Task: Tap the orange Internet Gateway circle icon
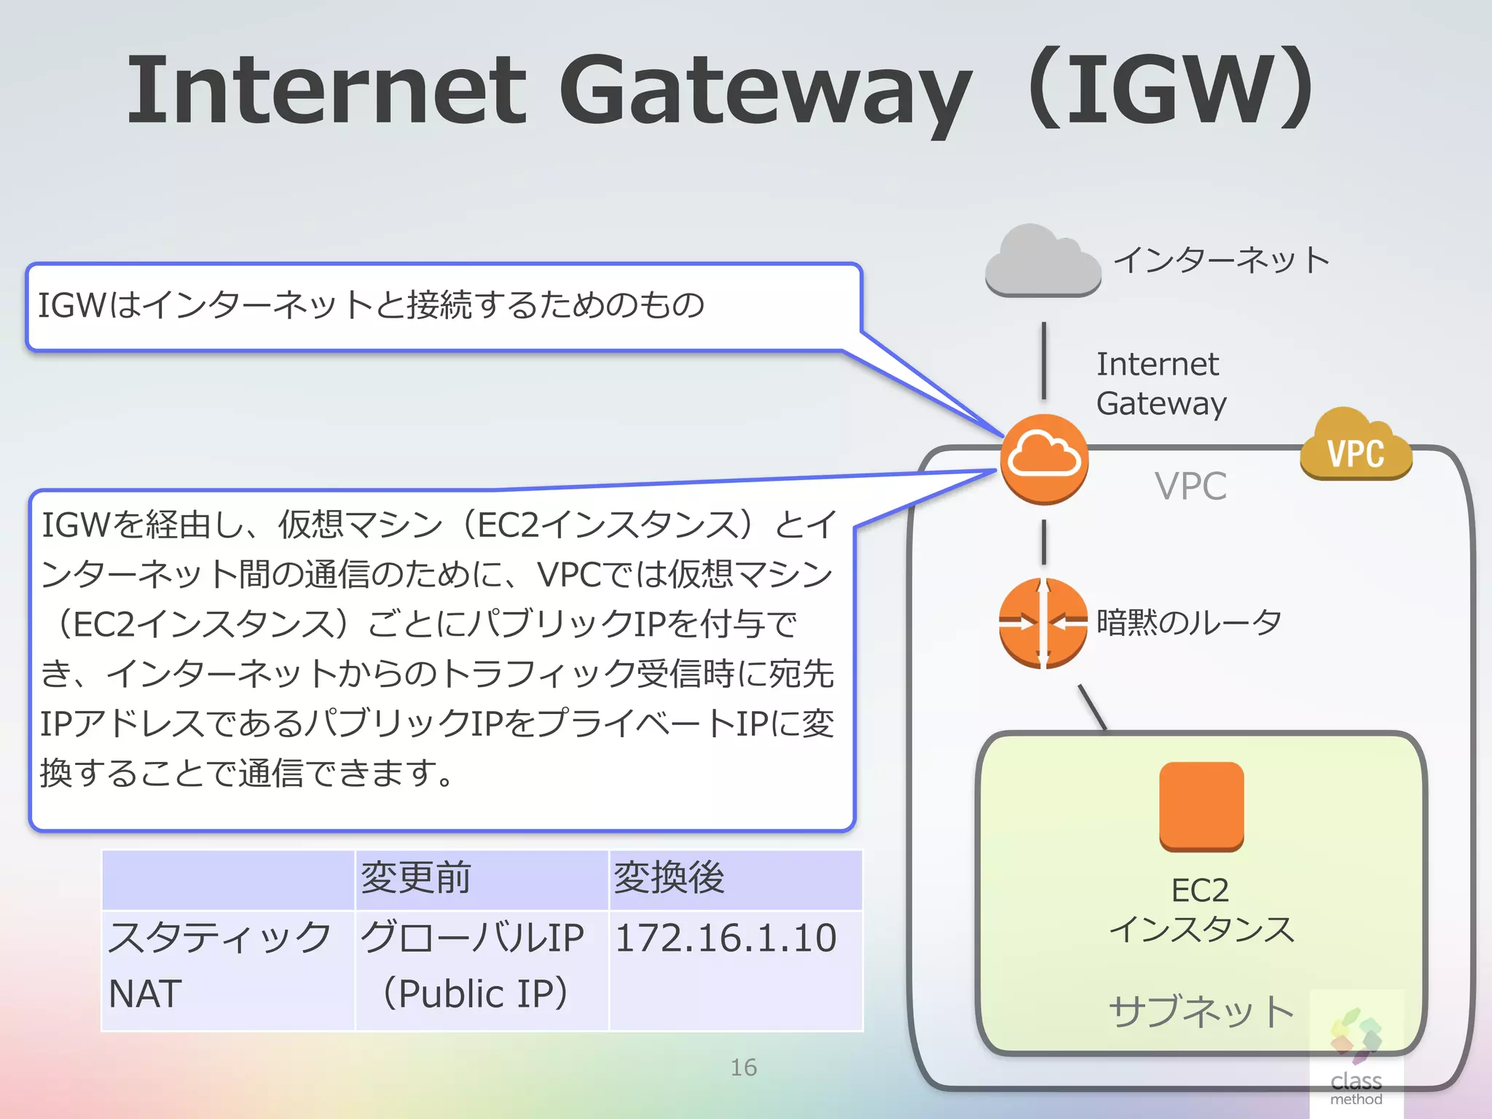[1044, 459]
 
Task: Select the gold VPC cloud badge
[1356, 446]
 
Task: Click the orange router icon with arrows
[1043, 623]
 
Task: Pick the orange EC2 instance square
[1201, 806]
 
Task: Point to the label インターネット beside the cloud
[1222, 260]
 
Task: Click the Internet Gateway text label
[1161, 383]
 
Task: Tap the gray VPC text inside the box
[1190, 486]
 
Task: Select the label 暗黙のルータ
[1189, 622]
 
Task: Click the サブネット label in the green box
[1201, 1011]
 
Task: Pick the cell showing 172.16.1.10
[726, 938]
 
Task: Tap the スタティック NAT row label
[219, 965]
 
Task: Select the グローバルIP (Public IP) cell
[474, 965]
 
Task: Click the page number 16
[744, 1067]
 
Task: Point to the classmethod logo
[1356, 1056]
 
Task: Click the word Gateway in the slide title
[765, 91]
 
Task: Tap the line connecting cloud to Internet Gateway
[1044, 361]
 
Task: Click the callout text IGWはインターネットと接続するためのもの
[371, 305]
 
